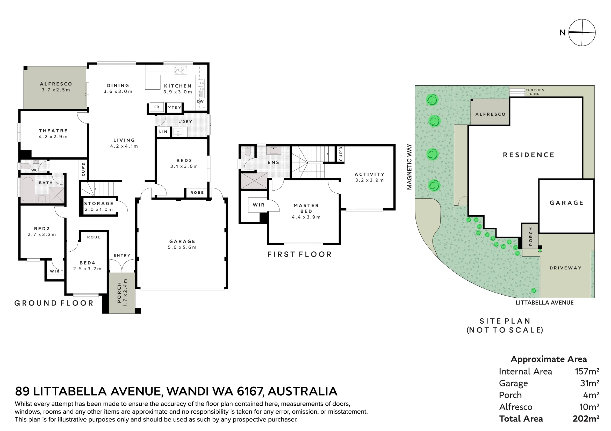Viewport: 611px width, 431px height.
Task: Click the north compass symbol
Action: [x=582, y=33]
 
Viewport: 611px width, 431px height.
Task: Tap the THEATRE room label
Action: [x=53, y=131]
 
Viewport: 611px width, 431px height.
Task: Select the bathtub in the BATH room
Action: [x=27, y=189]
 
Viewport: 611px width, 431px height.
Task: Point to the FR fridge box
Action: [x=157, y=107]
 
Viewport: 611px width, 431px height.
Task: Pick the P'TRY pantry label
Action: [x=174, y=108]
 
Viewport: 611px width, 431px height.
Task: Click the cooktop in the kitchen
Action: [x=181, y=70]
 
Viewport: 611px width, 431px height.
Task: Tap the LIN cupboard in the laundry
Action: [x=163, y=132]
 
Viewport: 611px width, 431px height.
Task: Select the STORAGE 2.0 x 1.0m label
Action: [x=99, y=207]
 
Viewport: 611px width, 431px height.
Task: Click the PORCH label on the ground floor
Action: [x=119, y=293]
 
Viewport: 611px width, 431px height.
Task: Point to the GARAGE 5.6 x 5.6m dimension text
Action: [x=182, y=247]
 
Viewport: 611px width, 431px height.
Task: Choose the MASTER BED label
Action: [x=306, y=208]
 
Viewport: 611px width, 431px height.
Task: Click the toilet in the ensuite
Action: [x=247, y=152]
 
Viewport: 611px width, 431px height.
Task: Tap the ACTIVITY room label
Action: [x=369, y=174]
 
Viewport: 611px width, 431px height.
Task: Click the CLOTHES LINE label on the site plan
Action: [x=535, y=92]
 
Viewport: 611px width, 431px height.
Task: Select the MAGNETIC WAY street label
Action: [x=409, y=167]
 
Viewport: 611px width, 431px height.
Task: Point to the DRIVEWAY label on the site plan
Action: [x=565, y=268]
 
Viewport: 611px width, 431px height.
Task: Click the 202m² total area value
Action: [x=586, y=419]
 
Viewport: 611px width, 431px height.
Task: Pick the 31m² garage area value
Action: [x=590, y=383]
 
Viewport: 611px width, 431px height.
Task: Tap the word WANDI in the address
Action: [x=185, y=391]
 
